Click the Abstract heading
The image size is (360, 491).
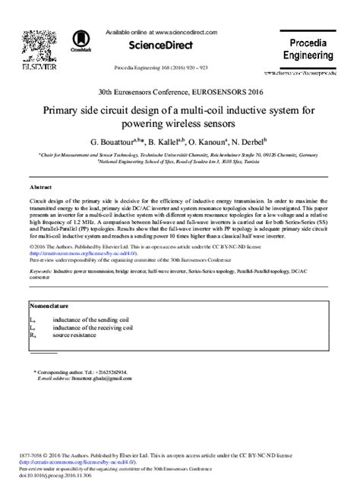click(40, 185)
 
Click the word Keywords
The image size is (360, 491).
click(42, 270)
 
